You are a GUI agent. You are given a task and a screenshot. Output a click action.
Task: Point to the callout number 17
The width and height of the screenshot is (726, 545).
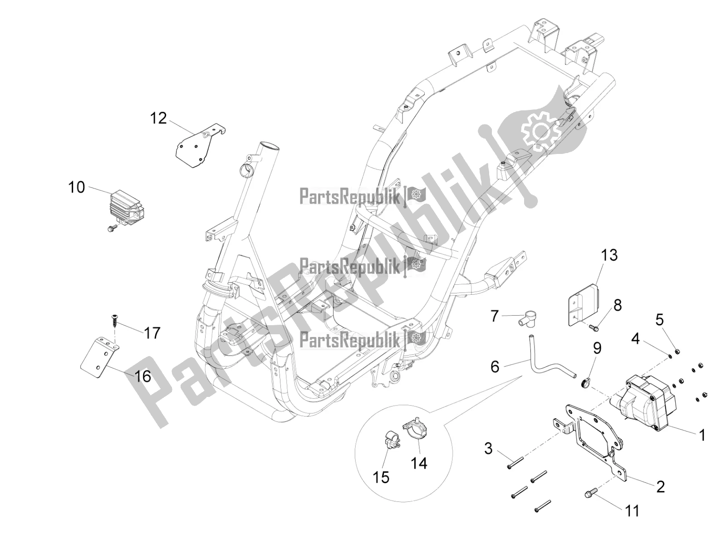coord(152,333)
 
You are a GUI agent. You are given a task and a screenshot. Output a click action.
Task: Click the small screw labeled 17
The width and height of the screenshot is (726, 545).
coord(113,324)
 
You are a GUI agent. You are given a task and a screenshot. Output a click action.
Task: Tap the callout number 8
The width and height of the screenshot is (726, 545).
coord(618,305)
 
